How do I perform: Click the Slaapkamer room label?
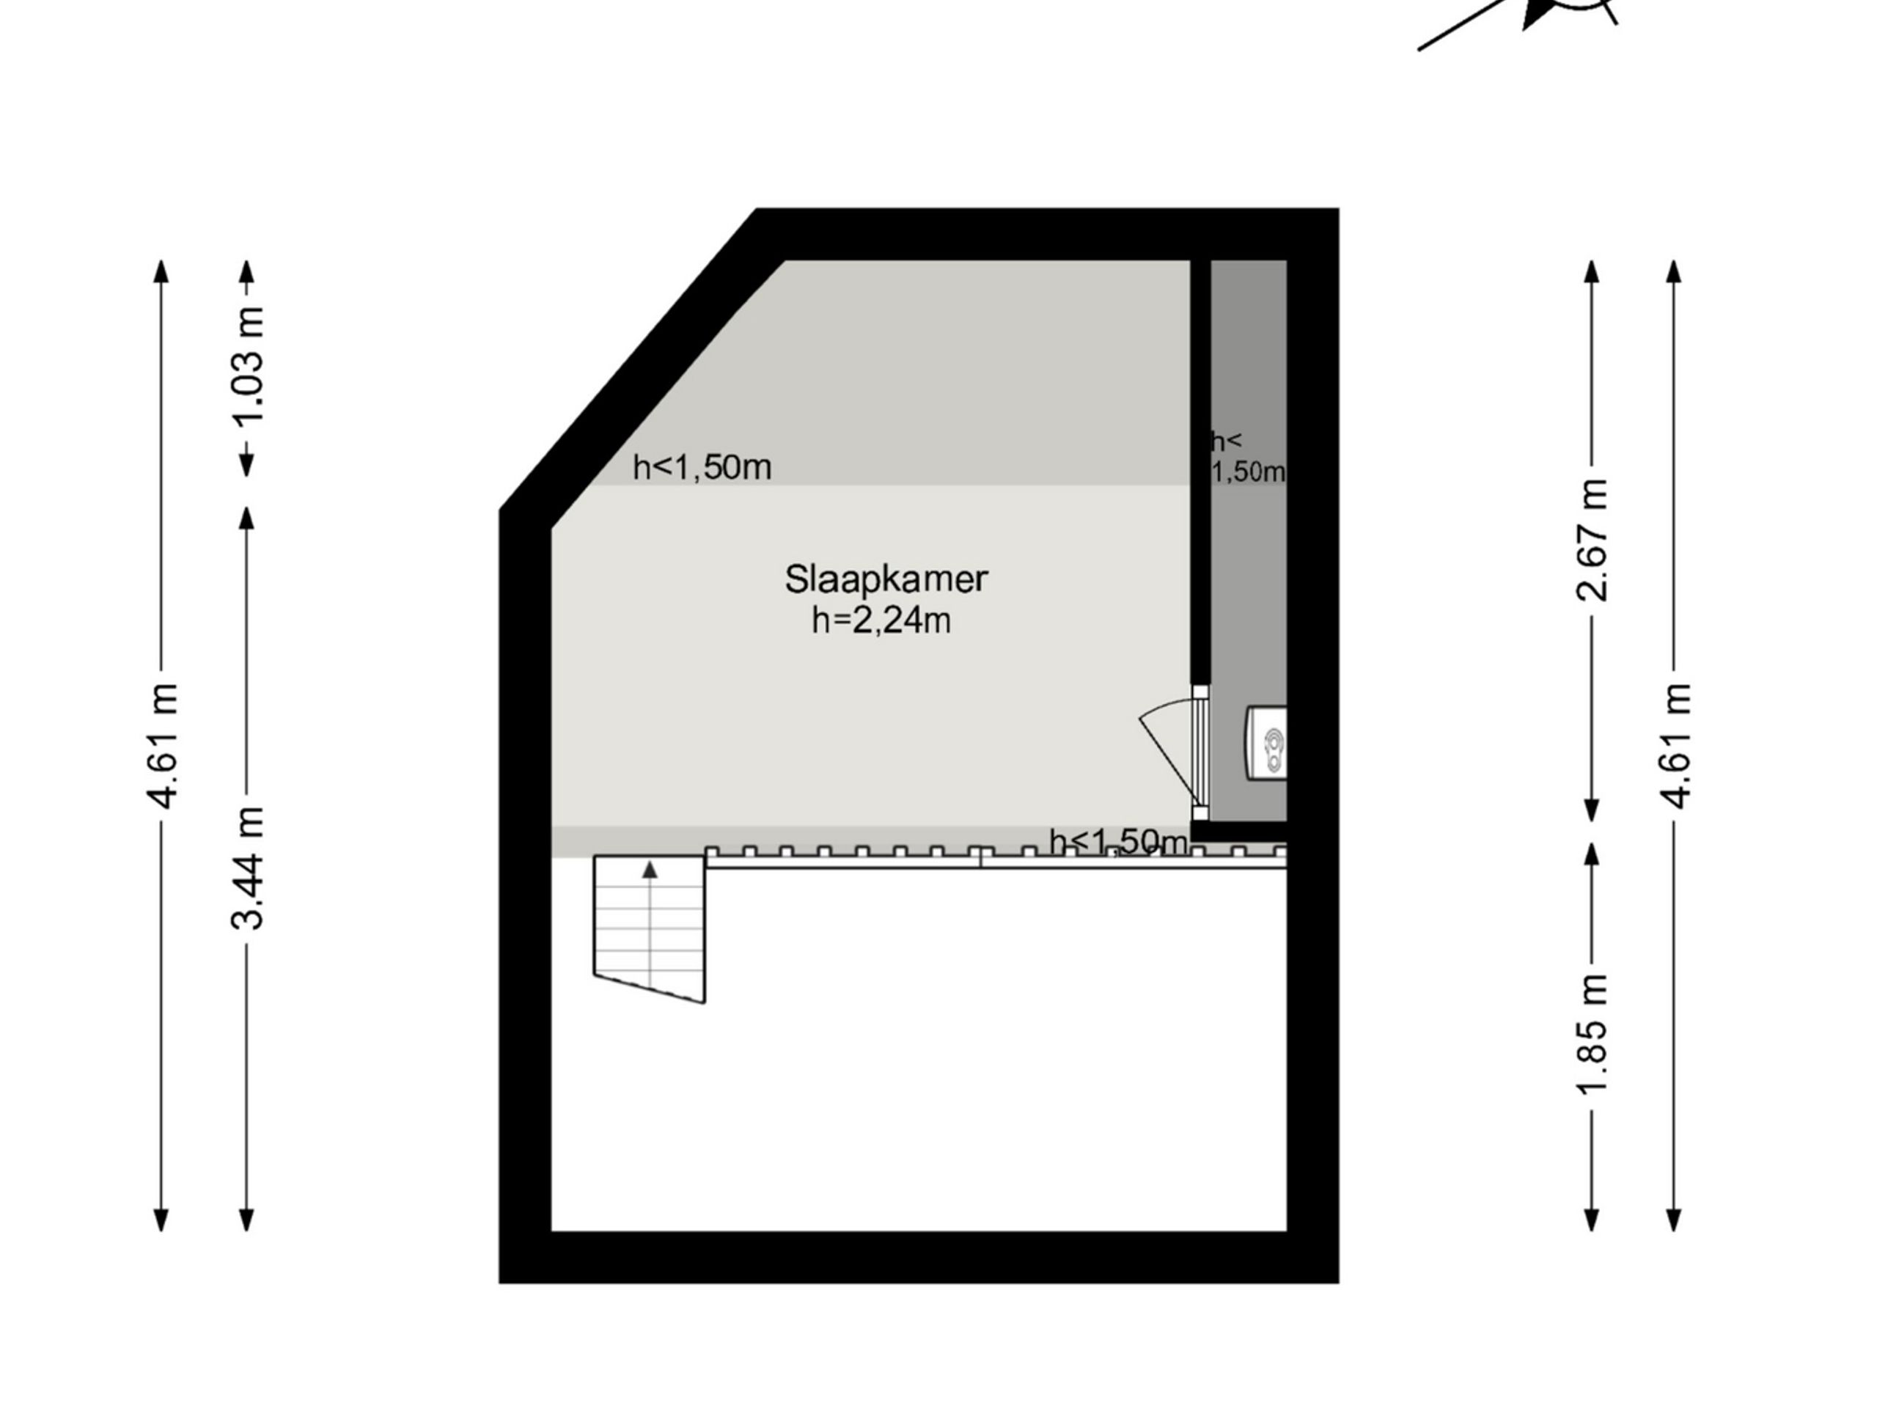pos(886,579)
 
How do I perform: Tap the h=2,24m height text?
pos(881,621)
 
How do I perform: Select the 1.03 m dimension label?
pos(249,367)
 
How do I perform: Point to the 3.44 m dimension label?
pos(249,868)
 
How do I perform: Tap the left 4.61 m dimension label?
pos(161,745)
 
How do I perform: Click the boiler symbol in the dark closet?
pos(1267,743)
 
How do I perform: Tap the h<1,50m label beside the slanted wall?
pos(702,468)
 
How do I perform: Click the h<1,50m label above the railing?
pos(1118,842)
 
